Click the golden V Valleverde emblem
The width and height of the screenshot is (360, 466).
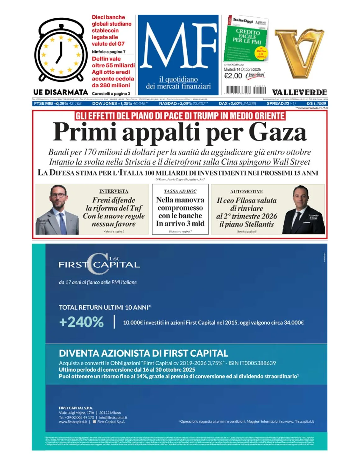tap(299, 53)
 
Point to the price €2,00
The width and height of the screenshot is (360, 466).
tap(233, 76)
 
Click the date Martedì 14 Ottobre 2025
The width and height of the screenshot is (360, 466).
tap(242, 69)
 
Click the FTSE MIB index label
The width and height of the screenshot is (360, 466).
tap(43, 103)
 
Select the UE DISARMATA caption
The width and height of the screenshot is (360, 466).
tap(61, 92)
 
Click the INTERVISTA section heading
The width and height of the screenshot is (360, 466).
tap(114, 191)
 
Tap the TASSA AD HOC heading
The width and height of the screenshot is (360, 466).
tap(180, 191)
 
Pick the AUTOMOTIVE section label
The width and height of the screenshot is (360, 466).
tap(247, 191)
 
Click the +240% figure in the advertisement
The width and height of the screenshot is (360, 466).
tap(81, 322)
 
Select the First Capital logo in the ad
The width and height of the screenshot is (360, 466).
tap(99, 264)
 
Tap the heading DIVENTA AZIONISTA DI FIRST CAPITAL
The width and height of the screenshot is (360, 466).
tap(144, 353)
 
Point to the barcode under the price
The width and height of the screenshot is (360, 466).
tap(245, 90)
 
